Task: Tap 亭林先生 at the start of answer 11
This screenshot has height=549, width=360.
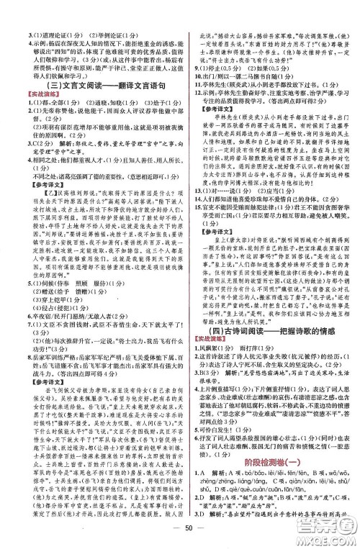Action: pos(222,84)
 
